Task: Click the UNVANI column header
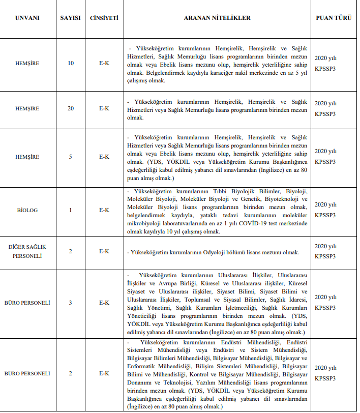27,18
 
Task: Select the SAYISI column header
71,18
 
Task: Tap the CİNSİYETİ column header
104,18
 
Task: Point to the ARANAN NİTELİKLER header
217,18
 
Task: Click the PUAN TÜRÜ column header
333,18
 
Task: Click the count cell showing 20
71,108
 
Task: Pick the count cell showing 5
71,156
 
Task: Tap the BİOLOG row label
27,210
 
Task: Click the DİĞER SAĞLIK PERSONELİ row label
27,252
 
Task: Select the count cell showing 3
71,303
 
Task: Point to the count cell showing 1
71,210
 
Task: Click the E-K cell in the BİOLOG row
104,210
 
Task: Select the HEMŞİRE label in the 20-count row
27,108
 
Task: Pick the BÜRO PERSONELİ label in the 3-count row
27,303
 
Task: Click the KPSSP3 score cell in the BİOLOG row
325,215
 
